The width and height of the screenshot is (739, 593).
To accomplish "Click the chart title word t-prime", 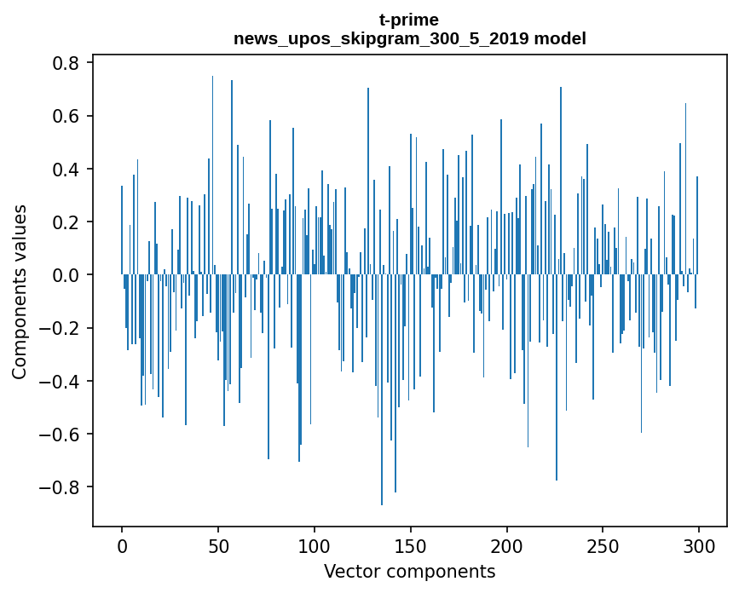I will pyautogui.click(x=409, y=20).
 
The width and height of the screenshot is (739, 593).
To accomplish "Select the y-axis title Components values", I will pyautogui.click(x=19, y=291).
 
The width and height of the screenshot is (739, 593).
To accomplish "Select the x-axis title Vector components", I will pyautogui.click(x=409, y=571).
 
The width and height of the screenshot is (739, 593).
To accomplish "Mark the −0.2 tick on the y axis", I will pyautogui.click(x=62, y=328).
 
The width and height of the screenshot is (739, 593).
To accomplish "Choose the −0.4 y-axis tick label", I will pyautogui.click(x=62, y=381).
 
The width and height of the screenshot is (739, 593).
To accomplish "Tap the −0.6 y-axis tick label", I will pyautogui.click(x=62, y=435).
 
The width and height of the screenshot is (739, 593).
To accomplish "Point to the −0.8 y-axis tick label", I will pyautogui.click(x=62, y=487).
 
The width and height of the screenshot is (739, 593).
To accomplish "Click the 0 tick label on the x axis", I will pyautogui.click(x=122, y=545).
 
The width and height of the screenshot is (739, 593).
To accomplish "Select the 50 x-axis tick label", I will pyautogui.click(x=218, y=545).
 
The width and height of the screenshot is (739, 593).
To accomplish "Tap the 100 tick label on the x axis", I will pyautogui.click(x=315, y=545).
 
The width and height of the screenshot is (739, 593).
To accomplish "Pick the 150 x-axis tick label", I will pyautogui.click(x=411, y=545).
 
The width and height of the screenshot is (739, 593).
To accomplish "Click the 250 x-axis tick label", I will pyautogui.click(x=603, y=545).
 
